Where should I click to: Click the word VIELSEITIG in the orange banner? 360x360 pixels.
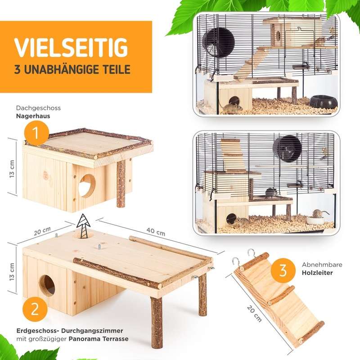[x=71, y=47]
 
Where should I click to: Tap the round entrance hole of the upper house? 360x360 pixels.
[x=87, y=185]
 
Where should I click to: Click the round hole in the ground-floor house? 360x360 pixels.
[x=47, y=285]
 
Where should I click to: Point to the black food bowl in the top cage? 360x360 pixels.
[x=323, y=101]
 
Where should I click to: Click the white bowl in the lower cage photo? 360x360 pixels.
[x=315, y=220]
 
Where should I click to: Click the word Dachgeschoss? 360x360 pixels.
[x=38, y=108]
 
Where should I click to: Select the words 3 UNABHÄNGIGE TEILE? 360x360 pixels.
[x=72, y=70]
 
